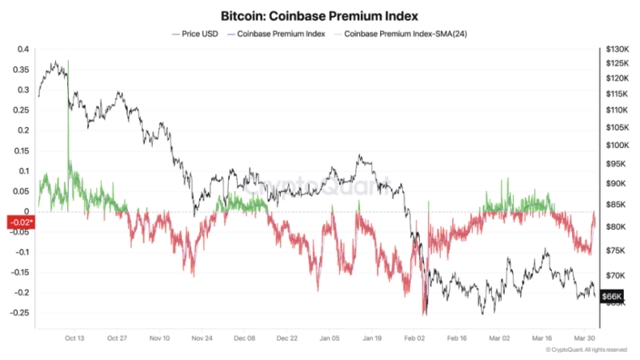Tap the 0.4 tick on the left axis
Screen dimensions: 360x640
tap(22, 50)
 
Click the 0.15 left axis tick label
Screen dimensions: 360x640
tap(21, 150)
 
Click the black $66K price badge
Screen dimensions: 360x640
tap(612, 297)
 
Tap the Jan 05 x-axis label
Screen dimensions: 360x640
tap(330, 338)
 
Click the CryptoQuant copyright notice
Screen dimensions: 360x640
tap(586, 350)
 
